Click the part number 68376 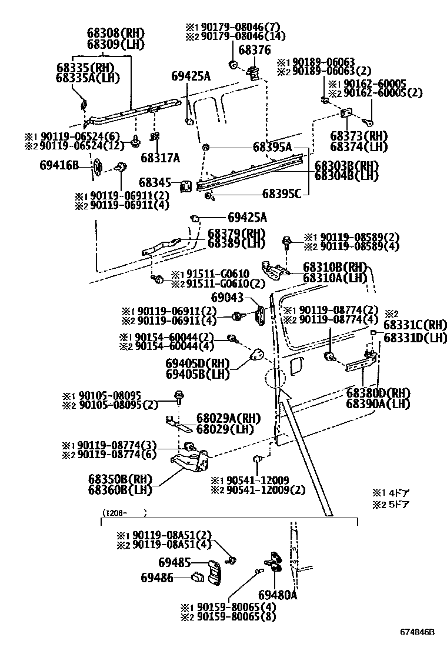pyautogui.click(x=254, y=50)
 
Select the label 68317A pyautogui.click(x=160, y=158)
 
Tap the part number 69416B pyautogui.click(x=59, y=165)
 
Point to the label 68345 pyautogui.click(x=155, y=182)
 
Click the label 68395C pyautogui.click(x=282, y=194)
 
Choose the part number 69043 pyautogui.click(x=227, y=298)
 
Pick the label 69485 pyautogui.click(x=174, y=563)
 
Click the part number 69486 pyautogui.click(x=157, y=578)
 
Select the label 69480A pyautogui.click(x=278, y=595)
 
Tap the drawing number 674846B pyautogui.click(x=418, y=632)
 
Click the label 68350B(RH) pyautogui.click(x=120, y=479)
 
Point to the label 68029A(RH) pyautogui.click(x=229, y=418)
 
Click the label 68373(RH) pyautogui.click(x=359, y=136)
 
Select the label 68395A pyautogui.click(x=272, y=147)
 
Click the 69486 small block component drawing pyautogui.click(x=197, y=578)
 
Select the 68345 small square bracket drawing pyautogui.click(x=185, y=186)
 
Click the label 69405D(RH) pyautogui.click(x=198, y=363)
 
